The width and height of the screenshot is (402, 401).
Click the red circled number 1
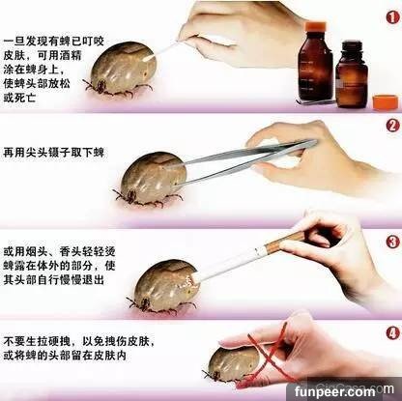pos(392,17)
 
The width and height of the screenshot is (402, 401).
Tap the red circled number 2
pos(392,126)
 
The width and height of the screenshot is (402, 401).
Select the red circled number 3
pos(392,242)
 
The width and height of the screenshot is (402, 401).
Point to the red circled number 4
pos(392,333)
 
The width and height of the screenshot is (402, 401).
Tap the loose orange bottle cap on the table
pos(386,101)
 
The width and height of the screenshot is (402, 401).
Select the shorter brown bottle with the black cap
pos(351,73)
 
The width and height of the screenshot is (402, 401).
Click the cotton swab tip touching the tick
pos(151,58)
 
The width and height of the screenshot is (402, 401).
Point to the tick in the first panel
pos(121,70)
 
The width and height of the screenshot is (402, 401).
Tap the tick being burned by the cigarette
pos(163,287)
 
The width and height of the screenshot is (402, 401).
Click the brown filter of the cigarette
pos(283,243)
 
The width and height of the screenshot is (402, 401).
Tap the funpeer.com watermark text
pos(335,391)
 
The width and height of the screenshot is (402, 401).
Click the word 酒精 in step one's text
pos(71,56)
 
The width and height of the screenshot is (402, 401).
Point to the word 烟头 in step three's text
pos(37,251)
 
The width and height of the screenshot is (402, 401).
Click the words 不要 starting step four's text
pos(14,340)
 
